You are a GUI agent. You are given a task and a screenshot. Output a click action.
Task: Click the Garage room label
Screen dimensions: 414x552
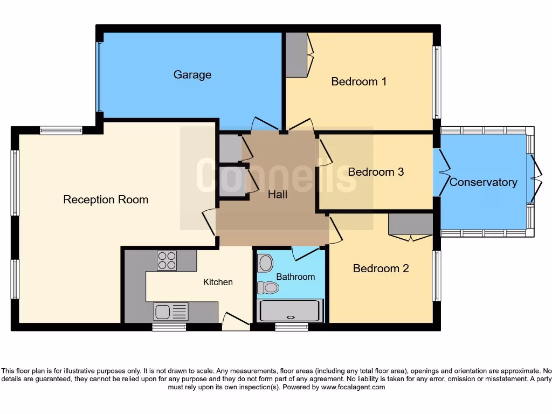pos(192,75)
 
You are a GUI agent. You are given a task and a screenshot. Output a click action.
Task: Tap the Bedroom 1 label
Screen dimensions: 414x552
pos(358,81)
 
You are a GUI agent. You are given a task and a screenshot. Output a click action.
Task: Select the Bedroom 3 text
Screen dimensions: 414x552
pos(376,172)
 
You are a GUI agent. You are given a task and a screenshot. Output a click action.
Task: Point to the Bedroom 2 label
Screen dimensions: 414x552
pos(381,268)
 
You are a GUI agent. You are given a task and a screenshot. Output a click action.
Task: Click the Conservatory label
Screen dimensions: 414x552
pos(483,182)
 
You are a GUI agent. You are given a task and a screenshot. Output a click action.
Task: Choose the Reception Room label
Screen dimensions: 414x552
pos(106,199)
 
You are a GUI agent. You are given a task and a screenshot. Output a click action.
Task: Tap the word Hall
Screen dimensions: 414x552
pos(278,195)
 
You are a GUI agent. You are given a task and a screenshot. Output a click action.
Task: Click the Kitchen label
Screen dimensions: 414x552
pos(218,282)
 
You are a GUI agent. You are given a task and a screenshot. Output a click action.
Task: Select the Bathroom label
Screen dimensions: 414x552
pos(295,277)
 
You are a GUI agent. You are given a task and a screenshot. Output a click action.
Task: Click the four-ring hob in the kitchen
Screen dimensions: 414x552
pos(167,260)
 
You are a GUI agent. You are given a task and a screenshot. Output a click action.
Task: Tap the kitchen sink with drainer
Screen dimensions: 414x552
pos(171,312)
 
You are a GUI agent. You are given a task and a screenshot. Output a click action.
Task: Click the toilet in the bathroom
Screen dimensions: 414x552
pos(268,288)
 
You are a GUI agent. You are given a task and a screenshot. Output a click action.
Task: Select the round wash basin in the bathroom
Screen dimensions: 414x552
pos(265,263)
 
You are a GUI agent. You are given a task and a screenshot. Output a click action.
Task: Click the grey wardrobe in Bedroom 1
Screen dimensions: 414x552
pos(296,54)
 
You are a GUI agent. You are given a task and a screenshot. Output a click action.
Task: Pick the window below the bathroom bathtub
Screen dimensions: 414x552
pos(291,327)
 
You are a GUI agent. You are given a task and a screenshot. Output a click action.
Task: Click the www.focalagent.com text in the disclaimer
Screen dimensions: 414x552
pos(353,387)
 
